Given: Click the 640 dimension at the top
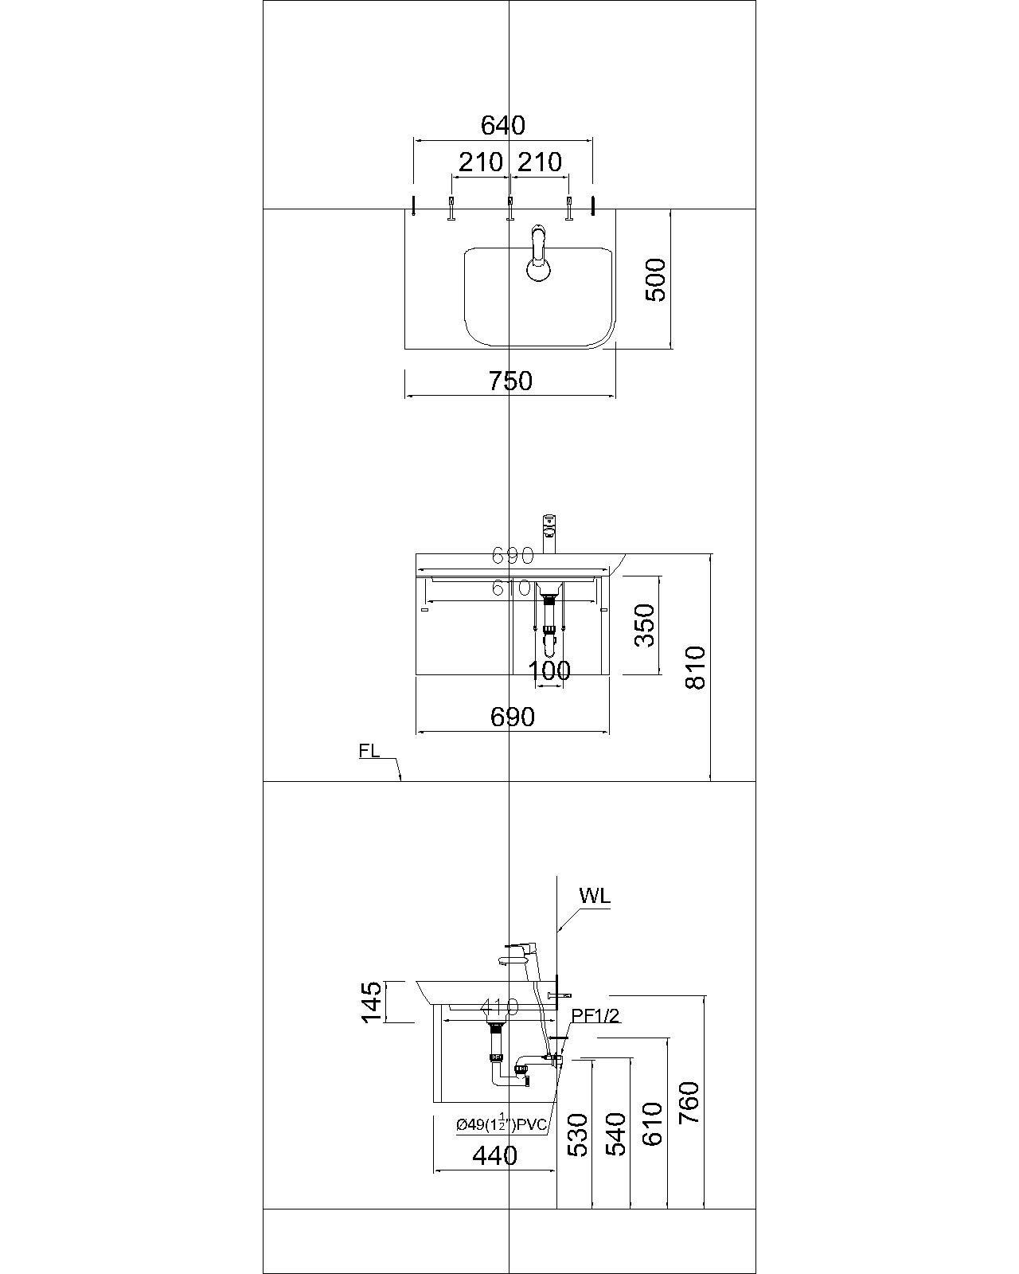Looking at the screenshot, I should point(503,125).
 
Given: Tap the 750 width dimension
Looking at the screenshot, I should point(510,381).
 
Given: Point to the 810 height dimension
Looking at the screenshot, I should point(695,667).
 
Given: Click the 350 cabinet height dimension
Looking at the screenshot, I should point(645,625).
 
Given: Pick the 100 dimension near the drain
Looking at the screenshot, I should point(550,670).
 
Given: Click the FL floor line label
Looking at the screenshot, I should point(369,751).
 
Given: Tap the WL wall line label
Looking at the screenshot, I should point(595,896).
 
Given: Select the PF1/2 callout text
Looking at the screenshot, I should point(595,1015).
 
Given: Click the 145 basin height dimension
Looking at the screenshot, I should point(372,1002).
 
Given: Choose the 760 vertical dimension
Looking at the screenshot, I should point(689,1102).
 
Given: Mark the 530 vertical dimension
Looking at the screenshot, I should point(579,1135).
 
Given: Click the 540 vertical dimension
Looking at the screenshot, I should point(616,1135).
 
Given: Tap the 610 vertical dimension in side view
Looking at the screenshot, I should point(653,1123).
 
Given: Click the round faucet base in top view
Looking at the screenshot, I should point(539,270).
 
